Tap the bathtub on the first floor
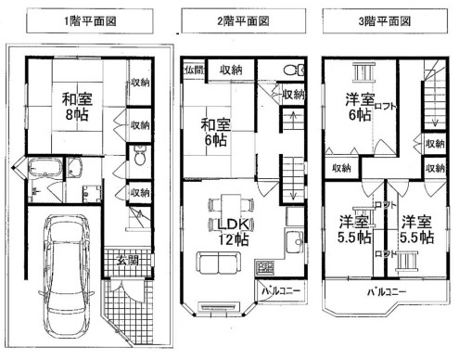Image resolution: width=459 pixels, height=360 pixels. coord(44,171)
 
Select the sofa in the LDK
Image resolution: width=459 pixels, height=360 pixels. coord(215,266)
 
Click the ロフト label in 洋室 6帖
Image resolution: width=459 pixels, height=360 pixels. coord(387,107)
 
